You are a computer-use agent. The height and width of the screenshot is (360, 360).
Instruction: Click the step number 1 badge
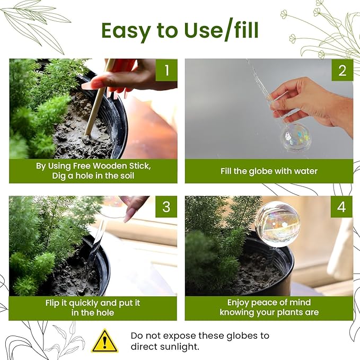click(166, 70)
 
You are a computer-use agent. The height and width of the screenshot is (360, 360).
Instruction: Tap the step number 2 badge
click(342, 70)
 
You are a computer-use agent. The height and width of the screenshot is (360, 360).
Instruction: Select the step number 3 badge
click(166, 207)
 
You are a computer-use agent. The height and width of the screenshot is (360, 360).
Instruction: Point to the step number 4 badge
click(342, 207)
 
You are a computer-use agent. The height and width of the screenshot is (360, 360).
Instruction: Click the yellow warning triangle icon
click(104, 341)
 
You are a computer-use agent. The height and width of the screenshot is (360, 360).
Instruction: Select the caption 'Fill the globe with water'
click(269, 171)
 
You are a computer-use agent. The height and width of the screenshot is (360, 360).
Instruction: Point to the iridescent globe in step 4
click(273, 219)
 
